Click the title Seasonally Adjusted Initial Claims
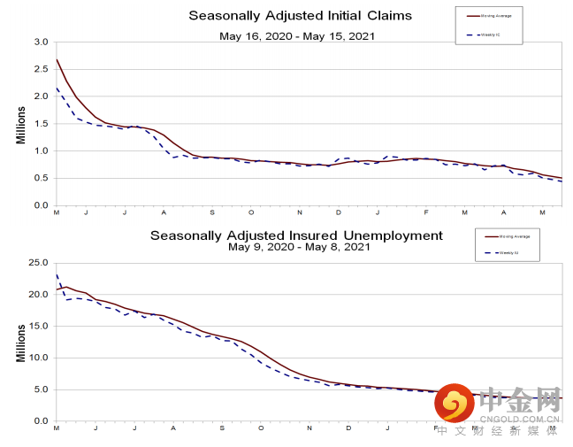coord(301,16)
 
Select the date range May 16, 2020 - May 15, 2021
coord(297,36)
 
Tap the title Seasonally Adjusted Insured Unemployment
coord(296,235)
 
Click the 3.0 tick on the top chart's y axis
coord(42,42)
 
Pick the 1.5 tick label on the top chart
coord(42,123)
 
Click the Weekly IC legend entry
coord(489,35)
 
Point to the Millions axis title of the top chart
coord(20,124)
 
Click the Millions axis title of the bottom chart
coord(20,342)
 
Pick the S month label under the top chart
coord(212,213)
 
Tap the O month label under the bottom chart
coord(261,428)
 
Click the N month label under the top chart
coord(299,213)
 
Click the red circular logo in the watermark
coord(455,405)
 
